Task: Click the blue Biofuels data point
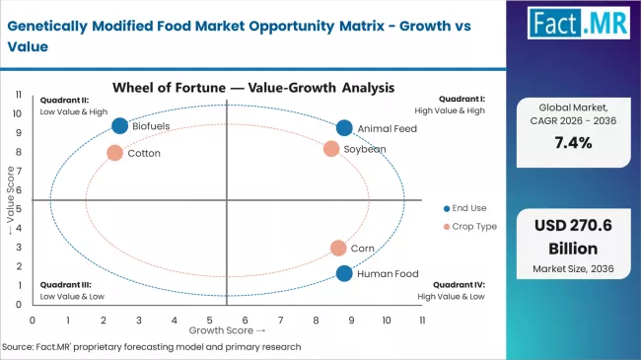120,125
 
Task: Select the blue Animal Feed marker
344,127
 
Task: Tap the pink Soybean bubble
331,149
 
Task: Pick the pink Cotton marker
114,153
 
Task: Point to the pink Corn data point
338,249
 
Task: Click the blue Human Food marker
343,273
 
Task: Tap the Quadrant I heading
462,99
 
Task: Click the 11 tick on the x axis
422,321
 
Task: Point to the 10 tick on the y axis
18,113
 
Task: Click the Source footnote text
152,347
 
